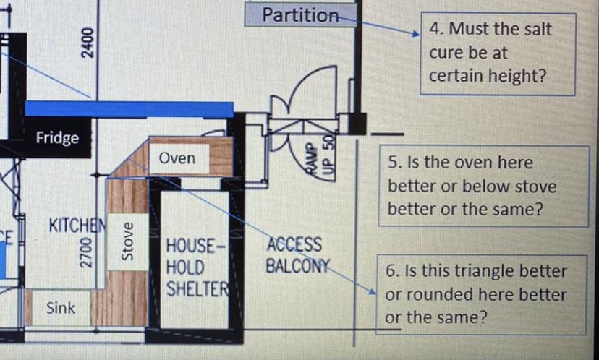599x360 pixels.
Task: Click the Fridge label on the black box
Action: coord(58,137)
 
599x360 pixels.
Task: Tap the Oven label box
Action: coord(177,158)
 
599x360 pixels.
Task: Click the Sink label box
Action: coord(61,308)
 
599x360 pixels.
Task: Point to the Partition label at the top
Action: coord(300,14)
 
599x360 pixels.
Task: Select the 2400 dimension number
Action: coord(87,45)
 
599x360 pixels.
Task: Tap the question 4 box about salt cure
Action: coord(498,53)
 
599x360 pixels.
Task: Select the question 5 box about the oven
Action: coord(483,187)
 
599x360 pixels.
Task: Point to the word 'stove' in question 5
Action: coord(532,187)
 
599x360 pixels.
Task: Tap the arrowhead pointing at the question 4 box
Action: coord(415,33)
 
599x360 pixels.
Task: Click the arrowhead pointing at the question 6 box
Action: coord(373,292)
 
